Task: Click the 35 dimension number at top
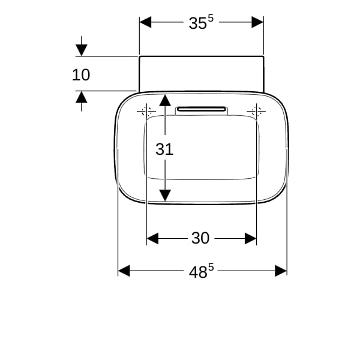click(197, 23)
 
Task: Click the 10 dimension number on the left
click(81, 75)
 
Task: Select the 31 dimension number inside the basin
click(164, 149)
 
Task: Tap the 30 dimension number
click(200, 238)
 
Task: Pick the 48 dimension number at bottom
click(198, 272)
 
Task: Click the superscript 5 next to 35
click(211, 19)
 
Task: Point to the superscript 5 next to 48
click(211, 267)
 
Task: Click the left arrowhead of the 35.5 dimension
click(145, 22)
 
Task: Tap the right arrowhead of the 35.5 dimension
click(257, 22)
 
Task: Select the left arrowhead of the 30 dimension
click(152, 238)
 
